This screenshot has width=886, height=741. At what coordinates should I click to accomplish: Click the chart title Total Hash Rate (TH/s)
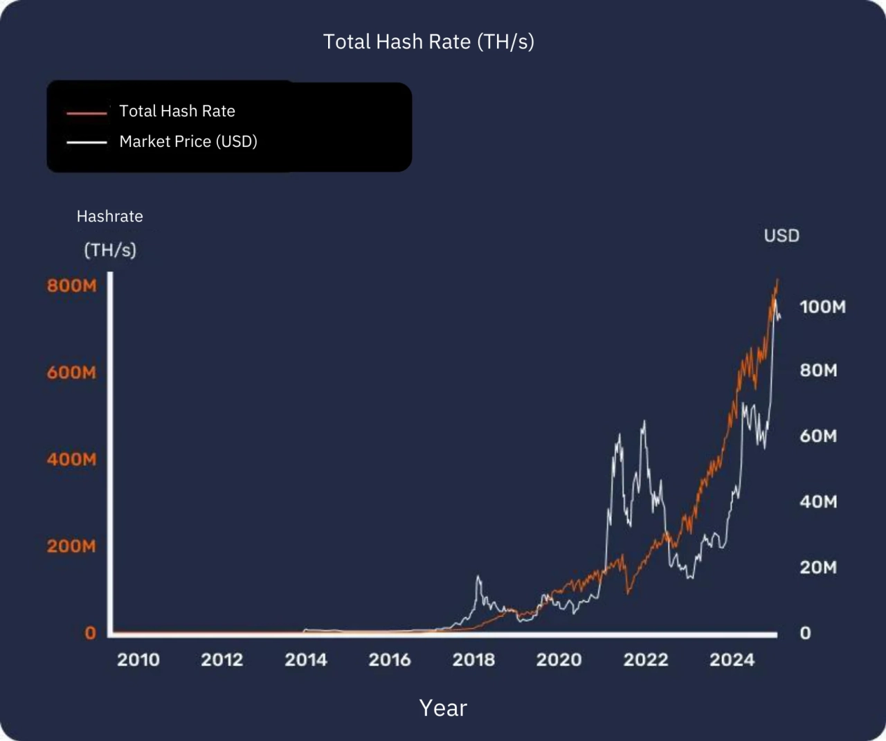click(x=428, y=42)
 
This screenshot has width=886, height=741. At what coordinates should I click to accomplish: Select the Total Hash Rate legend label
click(x=177, y=111)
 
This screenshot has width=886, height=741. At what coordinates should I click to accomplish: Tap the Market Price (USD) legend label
click(x=188, y=141)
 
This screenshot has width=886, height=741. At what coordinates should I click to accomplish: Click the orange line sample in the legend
click(x=87, y=112)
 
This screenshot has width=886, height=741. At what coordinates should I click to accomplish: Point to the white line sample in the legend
click(x=87, y=142)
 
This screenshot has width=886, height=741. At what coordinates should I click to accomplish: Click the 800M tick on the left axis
click(x=72, y=285)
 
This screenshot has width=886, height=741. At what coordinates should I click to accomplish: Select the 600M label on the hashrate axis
click(x=72, y=373)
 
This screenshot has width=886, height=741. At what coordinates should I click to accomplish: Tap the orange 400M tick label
click(x=72, y=459)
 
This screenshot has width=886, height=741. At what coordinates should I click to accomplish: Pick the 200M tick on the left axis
click(x=72, y=546)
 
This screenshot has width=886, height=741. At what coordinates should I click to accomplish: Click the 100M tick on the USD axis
click(x=822, y=307)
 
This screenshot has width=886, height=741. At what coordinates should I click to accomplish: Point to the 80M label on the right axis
click(x=819, y=370)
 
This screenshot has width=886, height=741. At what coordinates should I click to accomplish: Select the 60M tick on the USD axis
click(x=819, y=436)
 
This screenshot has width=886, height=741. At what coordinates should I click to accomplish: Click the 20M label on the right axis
click(x=819, y=568)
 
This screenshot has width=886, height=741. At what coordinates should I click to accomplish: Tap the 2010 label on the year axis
click(x=138, y=659)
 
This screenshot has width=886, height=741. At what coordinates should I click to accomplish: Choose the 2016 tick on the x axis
click(x=390, y=659)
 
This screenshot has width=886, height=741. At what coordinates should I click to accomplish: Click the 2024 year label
click(x=732, y=659)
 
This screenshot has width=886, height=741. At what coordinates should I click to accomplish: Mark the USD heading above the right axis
click(x=781, y=235)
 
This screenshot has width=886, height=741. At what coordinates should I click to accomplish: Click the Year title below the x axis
click(x=443, y=708)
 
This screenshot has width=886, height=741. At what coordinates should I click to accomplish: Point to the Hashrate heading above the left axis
click(x=110, y=216)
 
